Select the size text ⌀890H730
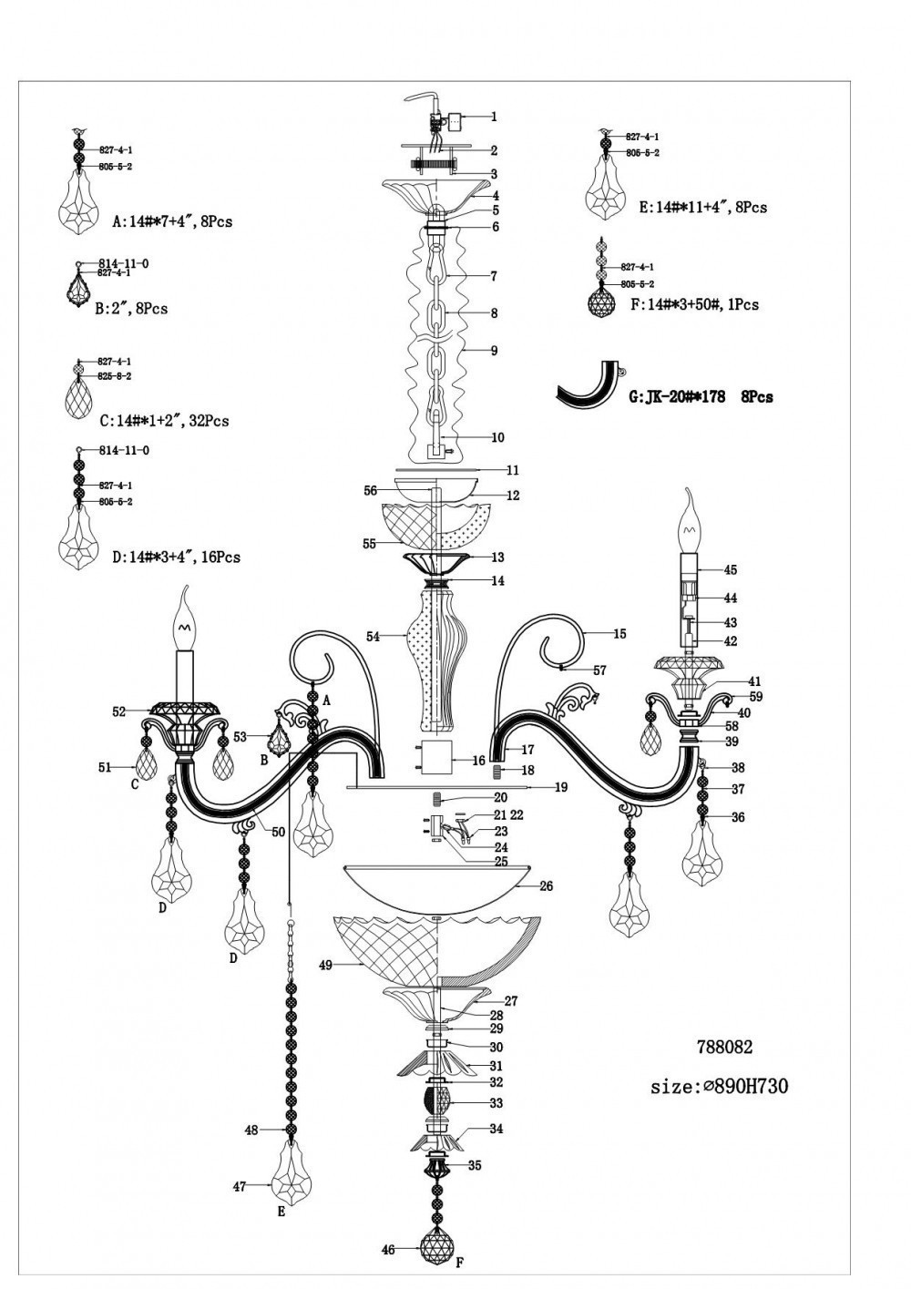(x=720, y=1086)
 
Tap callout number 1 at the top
(x=494, y=117)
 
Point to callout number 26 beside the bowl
(x=547, y=885)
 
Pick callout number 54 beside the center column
(x=373, y=637)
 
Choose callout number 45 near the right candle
(x=731, y=570)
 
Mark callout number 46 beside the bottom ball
(x=388, y=1251)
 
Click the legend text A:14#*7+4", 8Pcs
(x=172, y=221)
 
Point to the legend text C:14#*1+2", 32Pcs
(x=164, y=421)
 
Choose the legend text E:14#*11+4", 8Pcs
(x=703, y=207)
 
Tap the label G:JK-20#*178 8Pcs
(x=701, y=397)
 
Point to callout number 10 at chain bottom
(x=497, y=438)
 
